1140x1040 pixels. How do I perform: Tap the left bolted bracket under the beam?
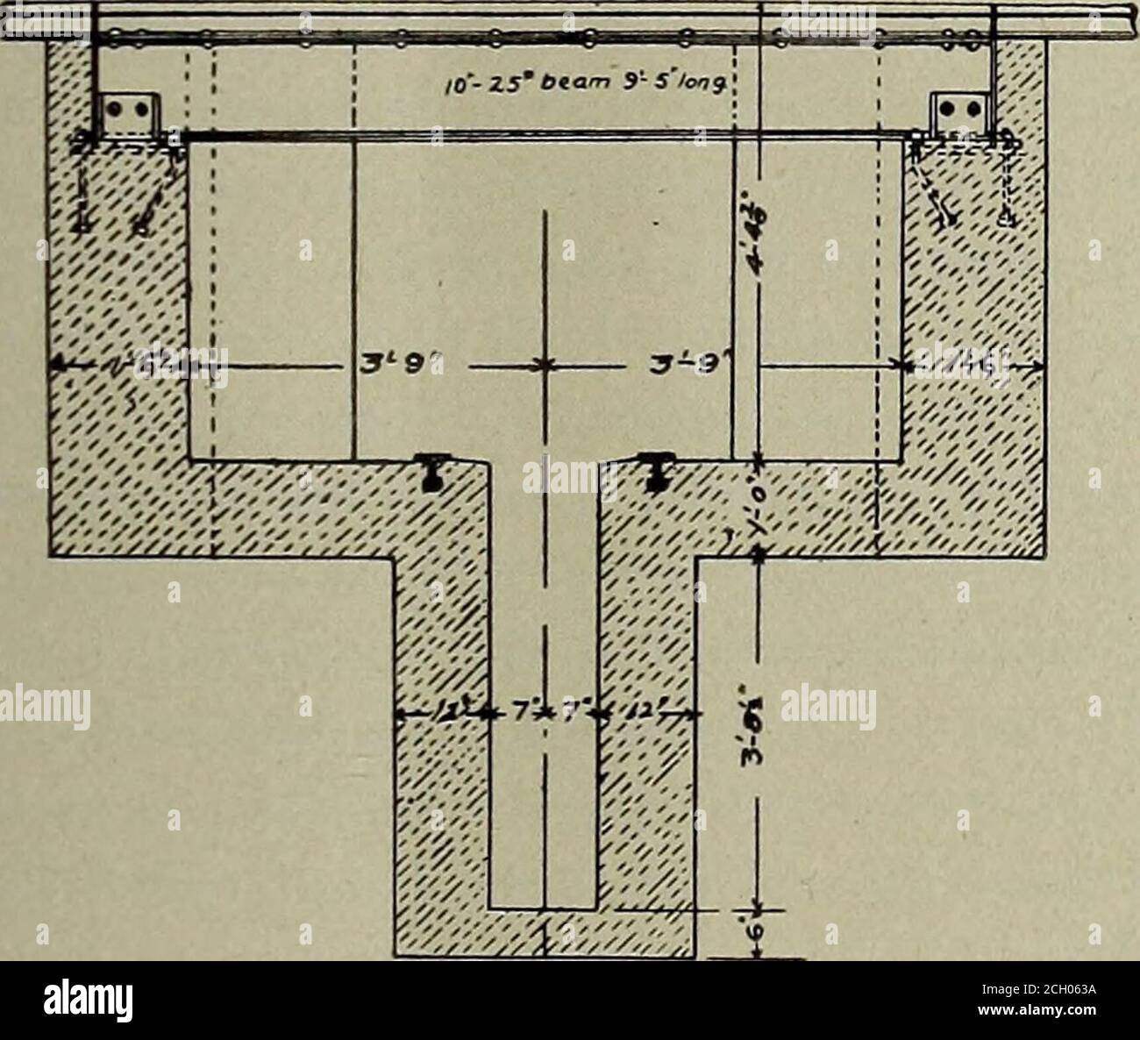coord(131,110)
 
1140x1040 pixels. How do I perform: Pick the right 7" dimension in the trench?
coord(572,715)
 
